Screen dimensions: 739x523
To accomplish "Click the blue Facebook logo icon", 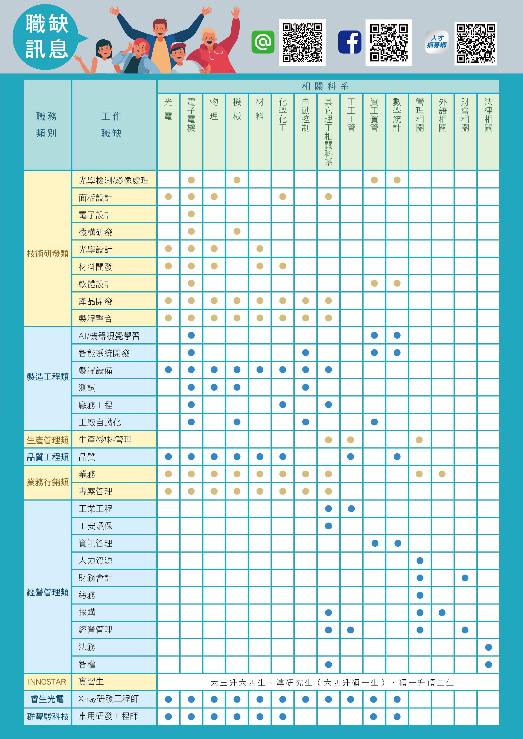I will pyautogui.click(x=350, y=42).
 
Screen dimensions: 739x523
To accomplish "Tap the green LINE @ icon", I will pyautogui.click(x=263, y=42).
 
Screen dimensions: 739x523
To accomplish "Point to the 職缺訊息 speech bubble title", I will pyautogui.click(x=47, y=36).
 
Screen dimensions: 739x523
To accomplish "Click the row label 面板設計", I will pyautogui.click(x=96, y=198).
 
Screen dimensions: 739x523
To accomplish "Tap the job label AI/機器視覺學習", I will pyautogui.click(x=109, y=336).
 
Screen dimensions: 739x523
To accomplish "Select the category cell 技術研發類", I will pyautogui.click(x=48, y=254).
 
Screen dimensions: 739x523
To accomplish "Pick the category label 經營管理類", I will pyautogui.click(x=48, y=592).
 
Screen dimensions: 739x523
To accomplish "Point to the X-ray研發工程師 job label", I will pyautogui.click(x=109, y=699).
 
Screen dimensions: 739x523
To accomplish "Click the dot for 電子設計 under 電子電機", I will pyautogui.click(x=191, y=214).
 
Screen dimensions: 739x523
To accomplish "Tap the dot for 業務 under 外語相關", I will pyautogui.click(x=442, y=474).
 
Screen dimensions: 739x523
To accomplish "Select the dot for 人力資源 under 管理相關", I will pyautogui.click(x=420, y=561).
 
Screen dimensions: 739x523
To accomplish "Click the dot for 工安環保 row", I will pyautogui.click(x=328, y=526).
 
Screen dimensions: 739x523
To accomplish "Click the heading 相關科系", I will pyautogui.click(x=325, y=86).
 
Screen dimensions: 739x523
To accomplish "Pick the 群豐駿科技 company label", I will pyautogui.click(x=48, y=716).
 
